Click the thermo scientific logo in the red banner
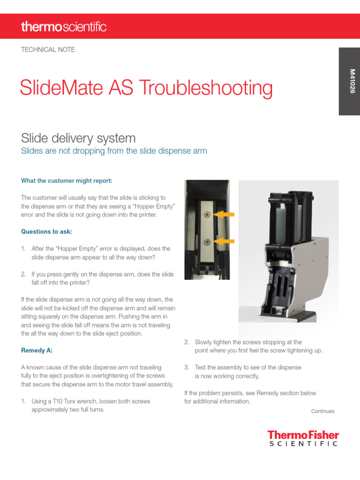coord(64,27)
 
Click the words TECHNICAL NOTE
coord(48,50)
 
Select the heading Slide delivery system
coord(78,138)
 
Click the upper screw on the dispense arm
coord(206,214)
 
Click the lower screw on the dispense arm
coord(207,241)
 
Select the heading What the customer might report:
coord(67,180)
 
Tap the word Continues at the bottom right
coord(322,411)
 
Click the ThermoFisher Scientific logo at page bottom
coord(303,438)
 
